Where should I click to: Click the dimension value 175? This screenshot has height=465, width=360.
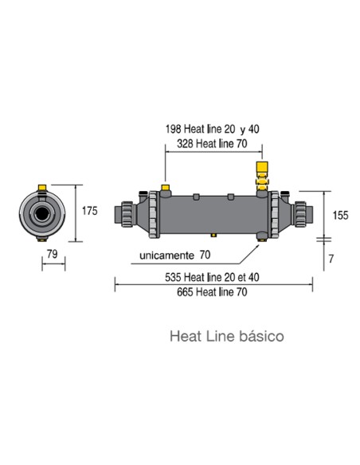89,211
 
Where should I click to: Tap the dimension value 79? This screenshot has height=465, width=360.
53,254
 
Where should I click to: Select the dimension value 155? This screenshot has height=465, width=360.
341,214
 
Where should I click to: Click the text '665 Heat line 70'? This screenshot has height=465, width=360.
212,291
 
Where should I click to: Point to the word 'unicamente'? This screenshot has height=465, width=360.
166,256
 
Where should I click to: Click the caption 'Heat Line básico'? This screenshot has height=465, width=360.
226,336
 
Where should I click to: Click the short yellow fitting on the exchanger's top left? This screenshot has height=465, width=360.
166,189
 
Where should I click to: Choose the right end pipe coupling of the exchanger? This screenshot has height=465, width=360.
302,214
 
